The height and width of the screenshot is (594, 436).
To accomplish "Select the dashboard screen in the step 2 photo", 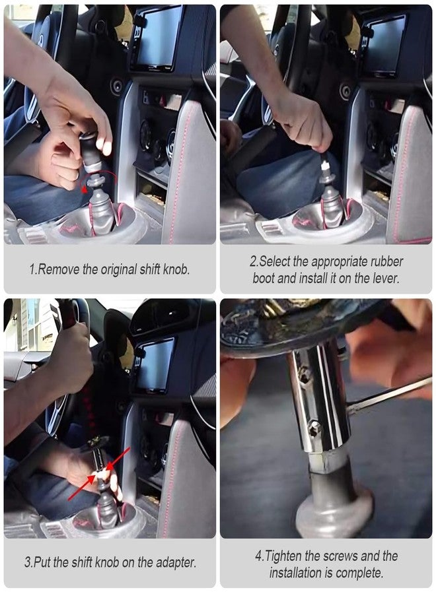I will click(382, 44).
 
